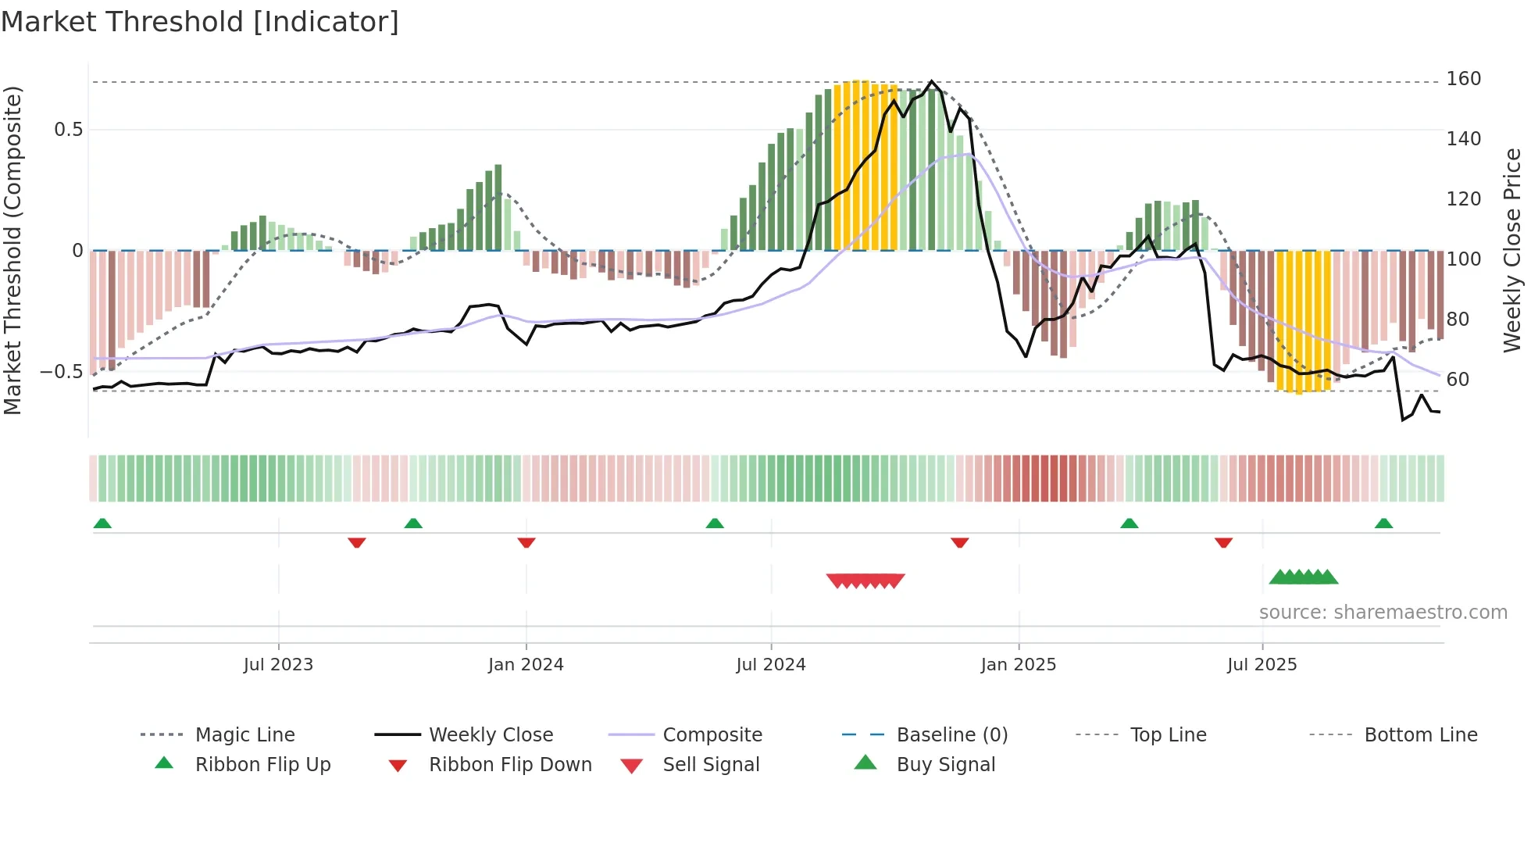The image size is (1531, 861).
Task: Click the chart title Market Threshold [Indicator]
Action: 200,22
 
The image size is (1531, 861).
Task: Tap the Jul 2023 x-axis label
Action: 278,665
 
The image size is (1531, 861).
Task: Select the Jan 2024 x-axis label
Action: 526,665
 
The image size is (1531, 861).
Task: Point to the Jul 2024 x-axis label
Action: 770,665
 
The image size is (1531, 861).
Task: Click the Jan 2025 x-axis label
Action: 1018,665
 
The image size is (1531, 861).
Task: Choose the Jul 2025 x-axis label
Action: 1262,665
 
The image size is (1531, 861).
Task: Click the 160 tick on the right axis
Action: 1463,79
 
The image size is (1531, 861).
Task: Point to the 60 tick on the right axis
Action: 1458,380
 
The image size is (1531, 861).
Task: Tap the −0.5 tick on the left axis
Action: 62,372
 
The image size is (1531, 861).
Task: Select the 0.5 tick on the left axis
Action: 69,130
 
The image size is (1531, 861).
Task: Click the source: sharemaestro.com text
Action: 1383,613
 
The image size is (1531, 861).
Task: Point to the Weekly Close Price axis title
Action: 1512,250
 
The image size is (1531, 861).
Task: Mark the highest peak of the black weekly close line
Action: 931,81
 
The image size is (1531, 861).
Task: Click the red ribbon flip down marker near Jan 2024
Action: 526,542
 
